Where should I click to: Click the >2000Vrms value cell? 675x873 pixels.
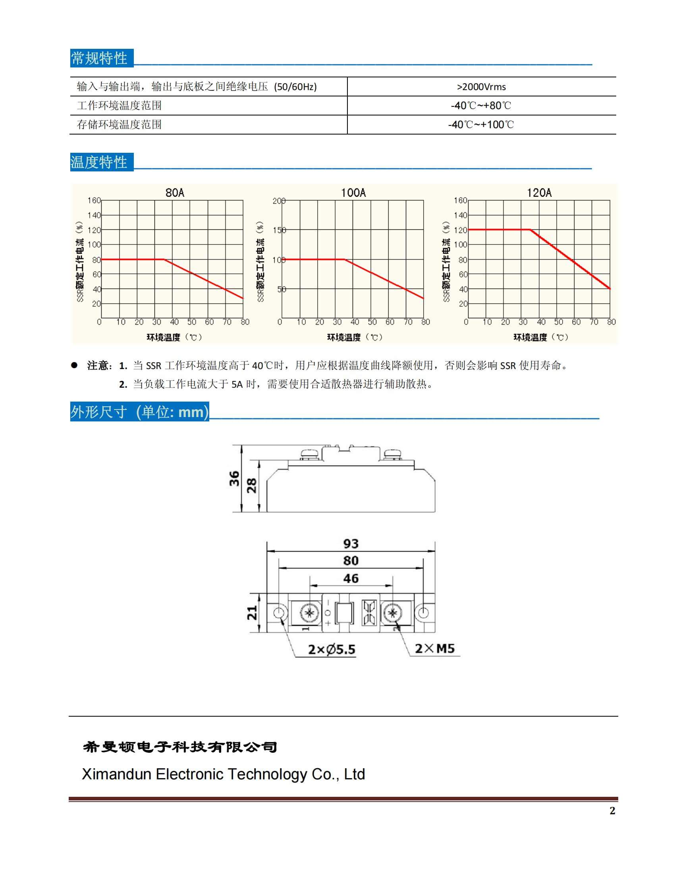click(481, 87)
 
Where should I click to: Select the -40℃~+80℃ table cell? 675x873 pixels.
click(481, 106)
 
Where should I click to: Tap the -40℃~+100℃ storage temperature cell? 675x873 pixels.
click(481, 125)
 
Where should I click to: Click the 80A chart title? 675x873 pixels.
click(175, 193)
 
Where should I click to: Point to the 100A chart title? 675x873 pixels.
click(353, 193)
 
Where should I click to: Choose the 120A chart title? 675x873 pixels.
click(539, 193)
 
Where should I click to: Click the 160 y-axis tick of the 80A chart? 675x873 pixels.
click(94, 200)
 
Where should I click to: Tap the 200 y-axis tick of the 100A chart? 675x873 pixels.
click(279, 201)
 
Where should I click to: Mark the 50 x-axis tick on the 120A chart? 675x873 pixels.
click(558, 322)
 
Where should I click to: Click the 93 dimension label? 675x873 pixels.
click(351, 544)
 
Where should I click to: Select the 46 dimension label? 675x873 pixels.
click(351, 579)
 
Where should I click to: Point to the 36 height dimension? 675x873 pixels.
click(234, 479)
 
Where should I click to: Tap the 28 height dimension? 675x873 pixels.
click(251, 486)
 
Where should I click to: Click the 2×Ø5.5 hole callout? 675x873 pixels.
click(332, 650)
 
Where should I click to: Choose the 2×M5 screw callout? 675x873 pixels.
click(435, 648)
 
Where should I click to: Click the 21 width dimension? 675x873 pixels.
click(252, 613)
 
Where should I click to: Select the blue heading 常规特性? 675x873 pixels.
click(99, 58)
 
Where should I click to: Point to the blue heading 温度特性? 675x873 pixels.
click(99, 162)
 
